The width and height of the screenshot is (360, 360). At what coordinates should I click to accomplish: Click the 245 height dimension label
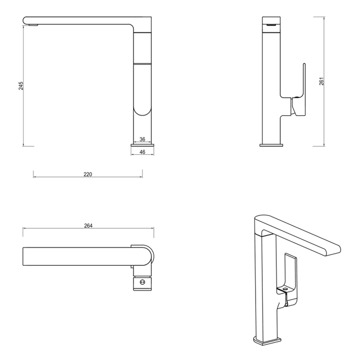(21, 86)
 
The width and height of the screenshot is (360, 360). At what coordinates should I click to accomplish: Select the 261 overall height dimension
(321, 81)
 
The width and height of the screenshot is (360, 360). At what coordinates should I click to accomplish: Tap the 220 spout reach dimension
(88, 174)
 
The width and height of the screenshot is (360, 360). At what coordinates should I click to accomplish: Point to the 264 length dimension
(88, 226)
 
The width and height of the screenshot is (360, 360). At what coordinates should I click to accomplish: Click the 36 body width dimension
(142, 139)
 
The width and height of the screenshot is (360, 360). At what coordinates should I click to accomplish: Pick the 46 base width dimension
(142, 152)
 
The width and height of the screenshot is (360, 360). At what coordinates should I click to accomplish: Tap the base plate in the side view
(142, 145)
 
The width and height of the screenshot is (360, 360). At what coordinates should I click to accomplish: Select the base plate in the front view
(271, 145)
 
